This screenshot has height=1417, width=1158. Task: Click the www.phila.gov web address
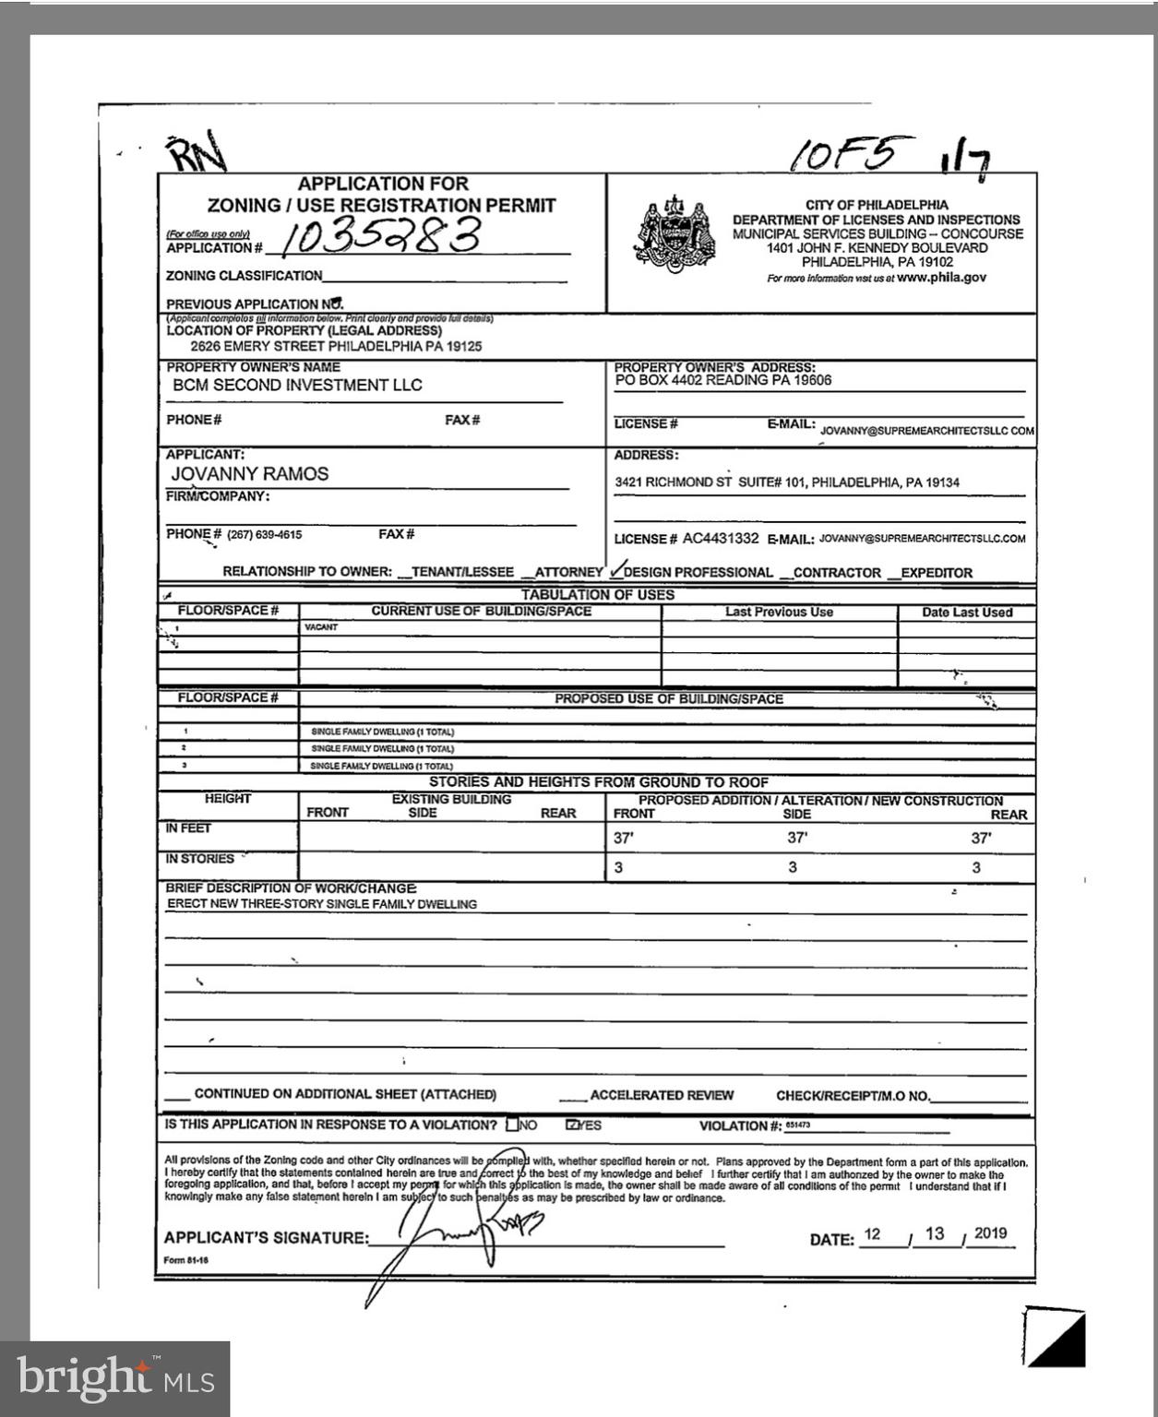tap(941, 277)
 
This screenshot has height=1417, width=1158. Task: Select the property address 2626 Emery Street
tap(336, 347)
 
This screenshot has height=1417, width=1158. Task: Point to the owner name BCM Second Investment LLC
tap(297, 386)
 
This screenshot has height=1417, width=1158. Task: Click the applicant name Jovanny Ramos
tap(250, 474)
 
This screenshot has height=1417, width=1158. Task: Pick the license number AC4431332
tap(721, 539)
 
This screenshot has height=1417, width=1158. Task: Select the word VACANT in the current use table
tap(321, 627)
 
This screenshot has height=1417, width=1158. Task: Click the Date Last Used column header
tap(967, 613)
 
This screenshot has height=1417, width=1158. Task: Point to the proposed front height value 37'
tap(624, 839)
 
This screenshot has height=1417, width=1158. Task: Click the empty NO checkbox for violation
tap(512, 1125)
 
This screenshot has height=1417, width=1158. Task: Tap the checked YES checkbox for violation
tap(572, 1125)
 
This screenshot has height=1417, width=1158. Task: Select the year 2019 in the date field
tap(989, 1234)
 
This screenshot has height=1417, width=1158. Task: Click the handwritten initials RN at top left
tap(196, 154)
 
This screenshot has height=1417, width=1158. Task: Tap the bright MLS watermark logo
tap(115, 1379)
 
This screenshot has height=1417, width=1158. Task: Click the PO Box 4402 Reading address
tap(723, 380)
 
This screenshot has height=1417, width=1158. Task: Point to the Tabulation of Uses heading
tap(597, 595)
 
